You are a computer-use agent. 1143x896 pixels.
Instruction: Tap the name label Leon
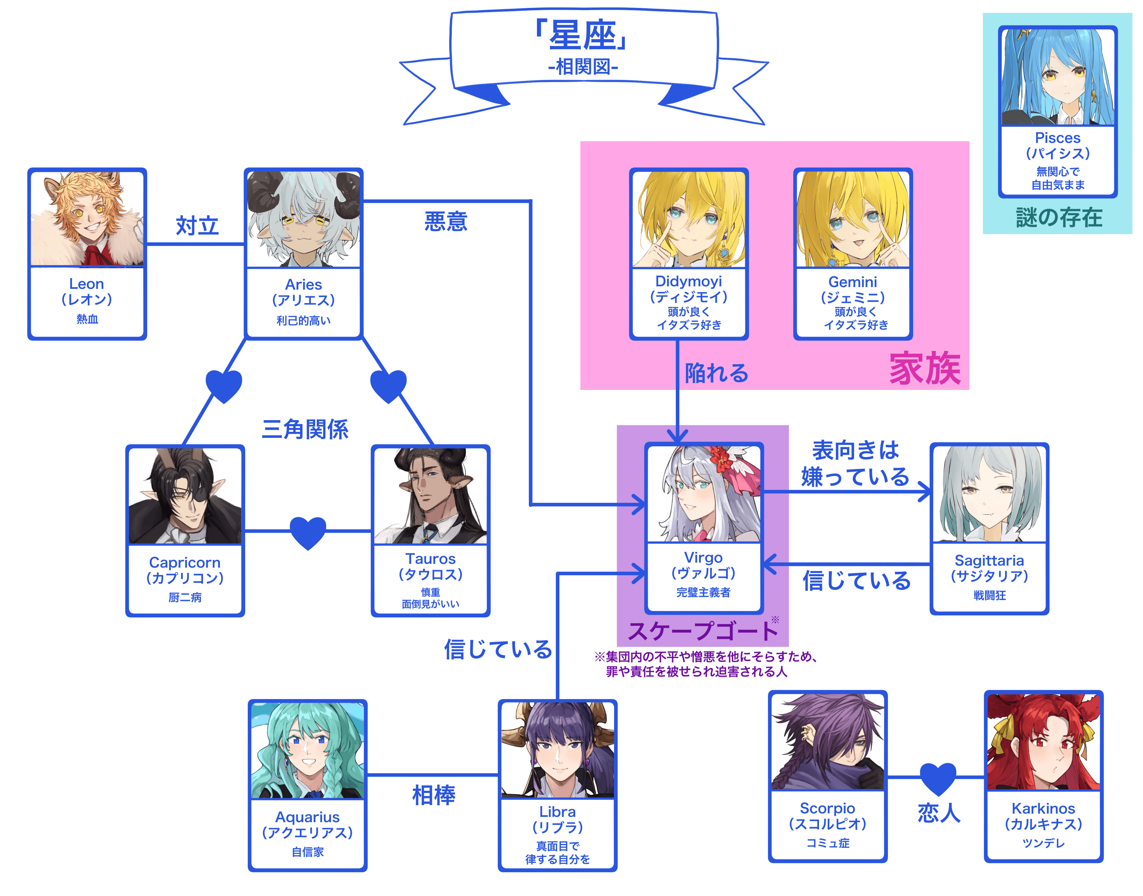[x=87, y=284]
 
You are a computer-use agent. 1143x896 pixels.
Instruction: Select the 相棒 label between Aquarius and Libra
[x=433, y=795]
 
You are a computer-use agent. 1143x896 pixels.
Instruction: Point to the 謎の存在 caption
[x=1058, y=217]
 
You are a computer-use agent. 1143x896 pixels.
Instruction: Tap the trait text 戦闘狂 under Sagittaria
[x=989, y=595]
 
